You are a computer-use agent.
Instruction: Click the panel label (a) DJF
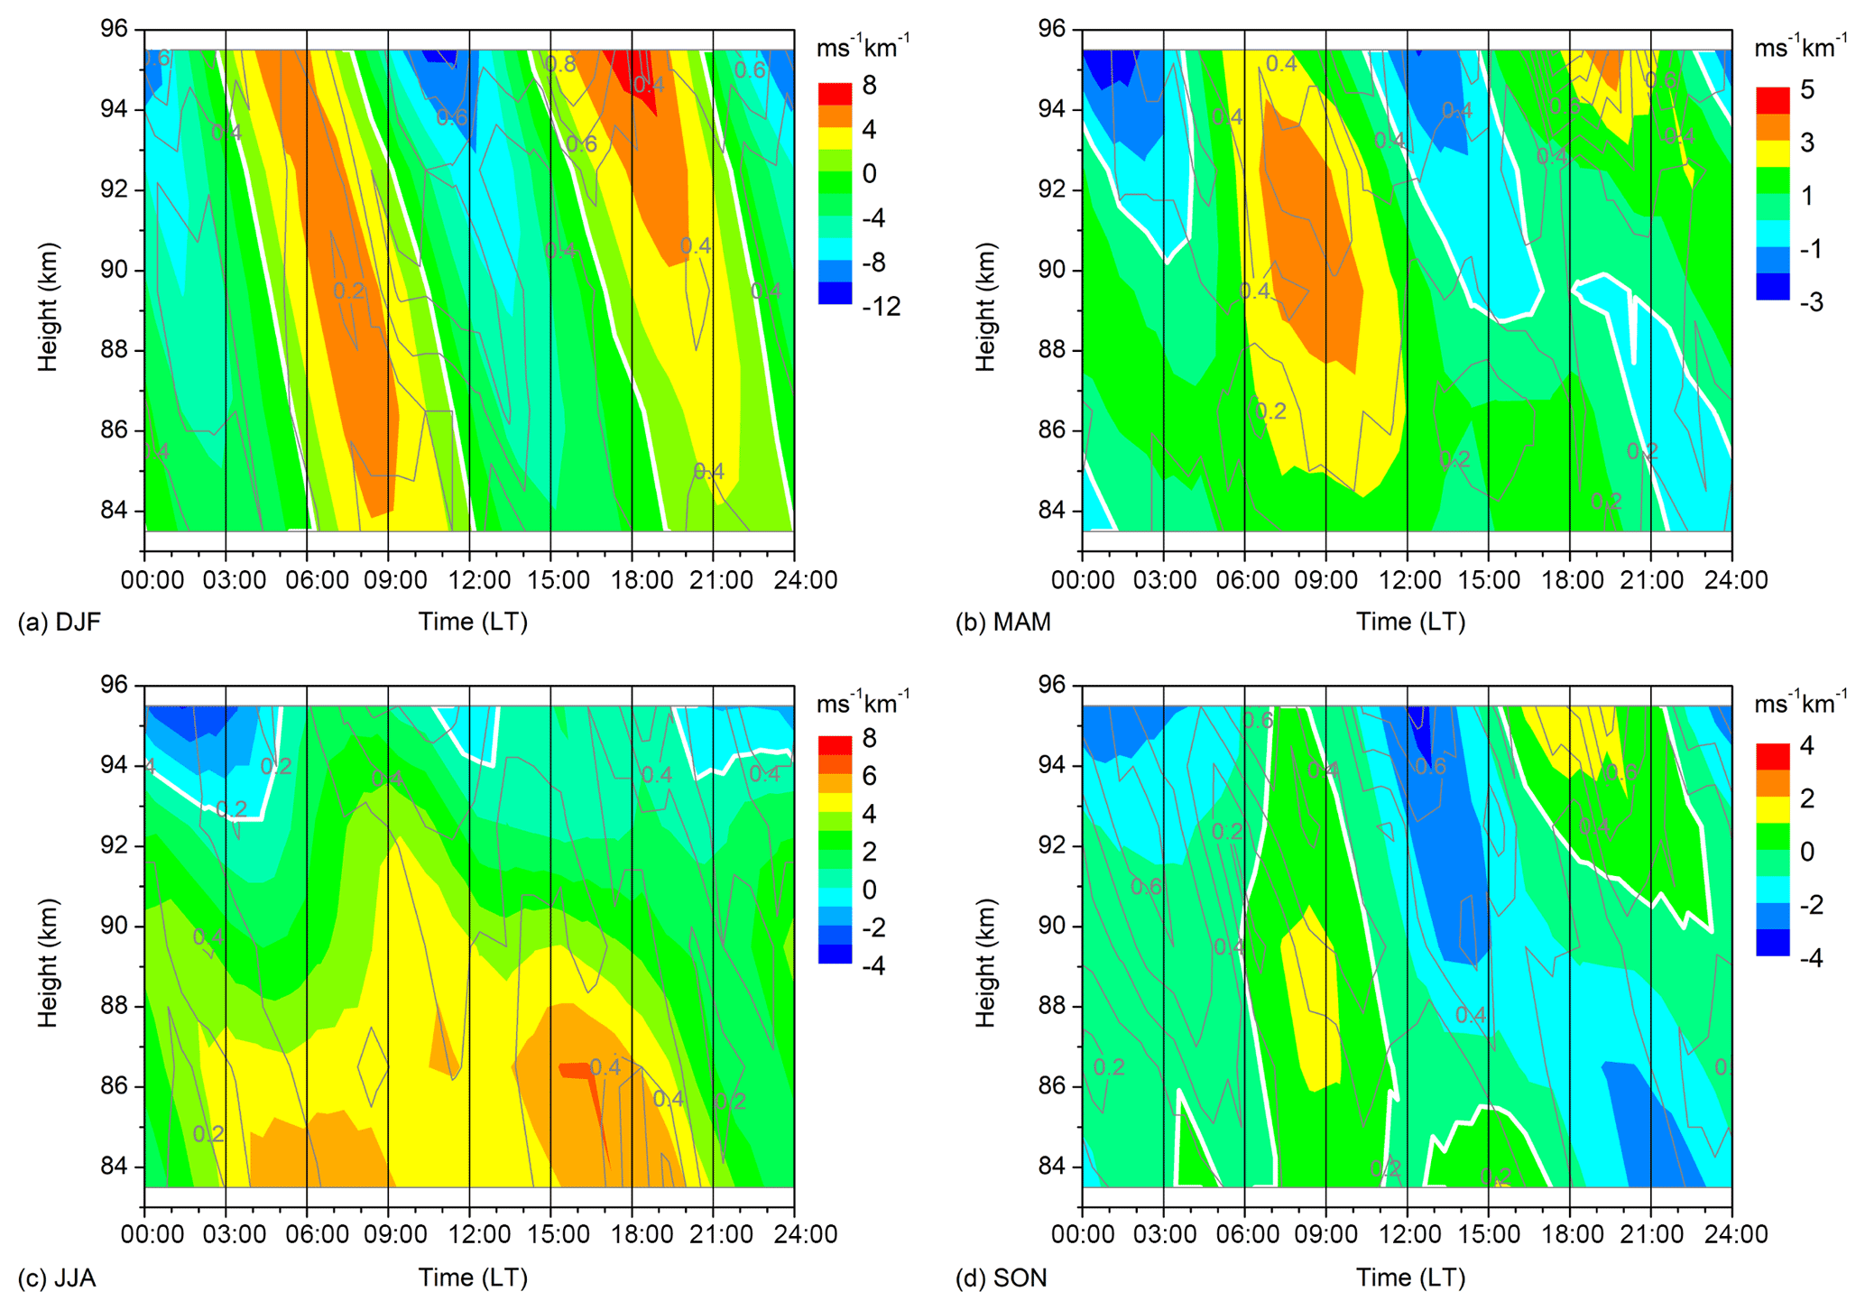pos(60,623)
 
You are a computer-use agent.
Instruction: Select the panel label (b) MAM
pos(1002,623)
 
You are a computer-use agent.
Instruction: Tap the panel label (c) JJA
pos(57,1278)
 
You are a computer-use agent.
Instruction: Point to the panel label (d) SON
pos(1002,1278)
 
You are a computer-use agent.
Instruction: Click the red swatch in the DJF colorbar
pos(835,94)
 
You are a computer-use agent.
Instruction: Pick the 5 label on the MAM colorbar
pos(1806,90)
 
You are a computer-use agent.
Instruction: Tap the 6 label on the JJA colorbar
pos(869,776)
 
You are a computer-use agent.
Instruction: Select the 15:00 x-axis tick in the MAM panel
pos(1489,580)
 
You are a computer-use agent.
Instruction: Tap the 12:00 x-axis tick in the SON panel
pos(1408,1234)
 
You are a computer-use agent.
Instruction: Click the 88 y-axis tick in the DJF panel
pos(113,350)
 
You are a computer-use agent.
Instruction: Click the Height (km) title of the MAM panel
pos(985,307)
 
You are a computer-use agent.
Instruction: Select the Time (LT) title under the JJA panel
pos(472,1278)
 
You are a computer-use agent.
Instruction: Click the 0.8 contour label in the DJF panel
pos(560,64)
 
